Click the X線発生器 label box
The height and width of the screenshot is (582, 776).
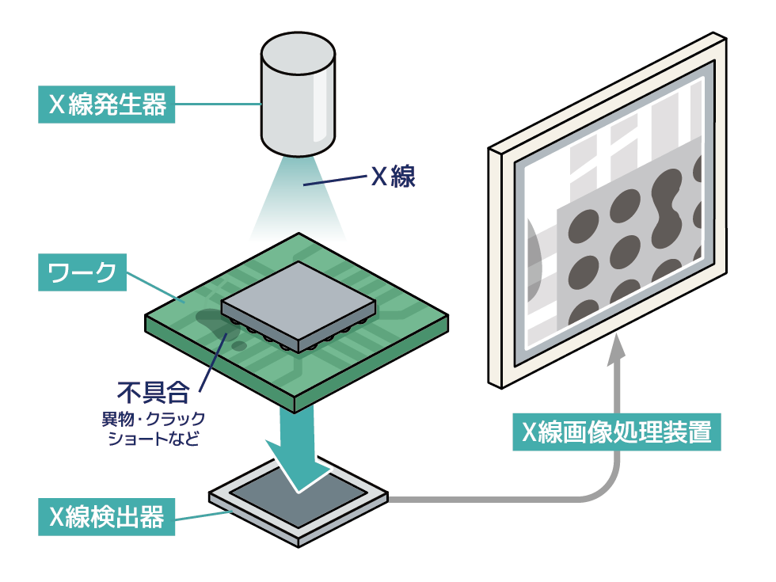click(106, 105)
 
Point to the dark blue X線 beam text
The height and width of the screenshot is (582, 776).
click(394, 175)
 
